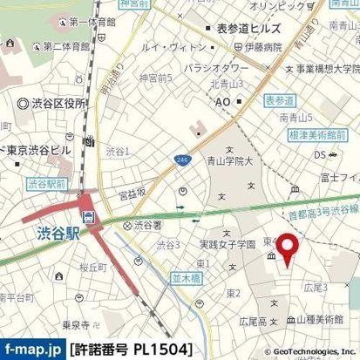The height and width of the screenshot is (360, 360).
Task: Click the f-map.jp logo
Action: [x=33, y=350]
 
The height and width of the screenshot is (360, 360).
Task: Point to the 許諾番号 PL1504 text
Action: [x=129, y=350]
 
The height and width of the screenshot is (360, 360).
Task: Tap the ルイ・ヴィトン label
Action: [x=167, y=51]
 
